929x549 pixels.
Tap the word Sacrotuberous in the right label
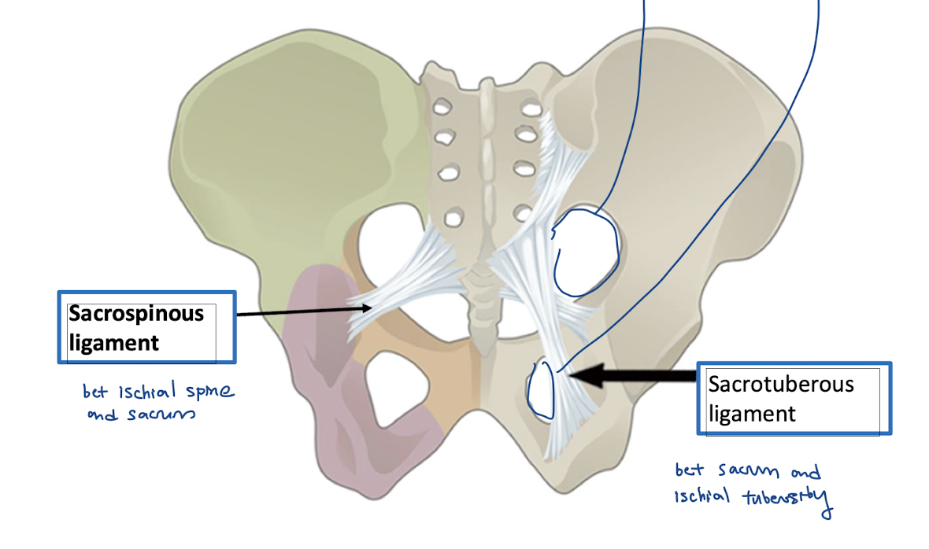pos(781,385)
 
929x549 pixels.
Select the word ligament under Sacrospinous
pos(114,342)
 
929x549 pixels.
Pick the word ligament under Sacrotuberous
pos(752,413)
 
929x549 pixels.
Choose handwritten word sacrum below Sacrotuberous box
pos(746,472)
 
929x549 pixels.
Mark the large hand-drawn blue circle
pos(586,252)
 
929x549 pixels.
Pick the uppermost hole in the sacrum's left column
pos(442,105)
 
